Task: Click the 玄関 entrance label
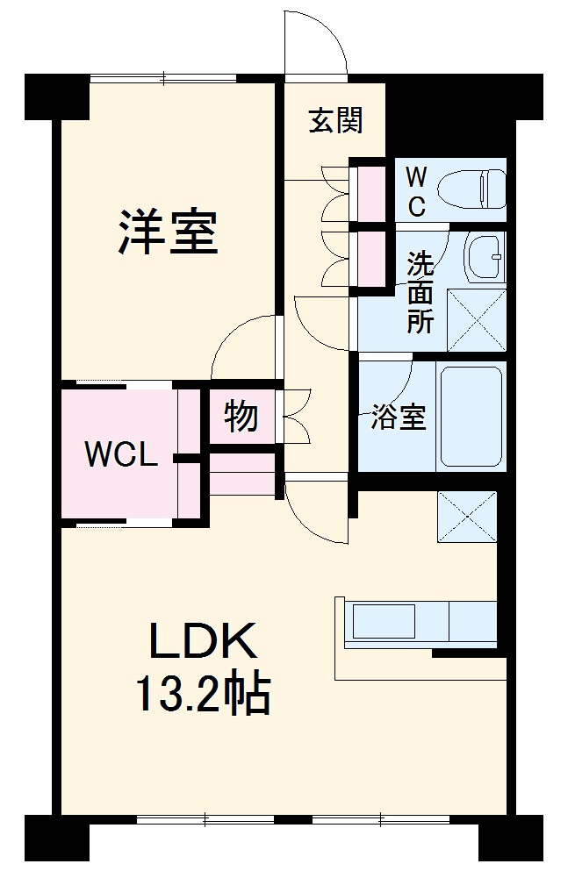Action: pyautogui.click(x=334, y=120)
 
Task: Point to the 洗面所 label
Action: pyautogui.click(x=420, y=291)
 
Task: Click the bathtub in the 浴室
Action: pyautogui.click(x=470, y=415)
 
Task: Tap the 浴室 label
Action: pyautogui.click(x=398, y=418)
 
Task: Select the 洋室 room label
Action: pyautogui.click(x=168, y=231)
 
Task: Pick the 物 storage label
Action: pyautogui.click(x=240, y=416)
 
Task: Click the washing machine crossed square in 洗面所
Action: pyautogui.click(x=477, y=319)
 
